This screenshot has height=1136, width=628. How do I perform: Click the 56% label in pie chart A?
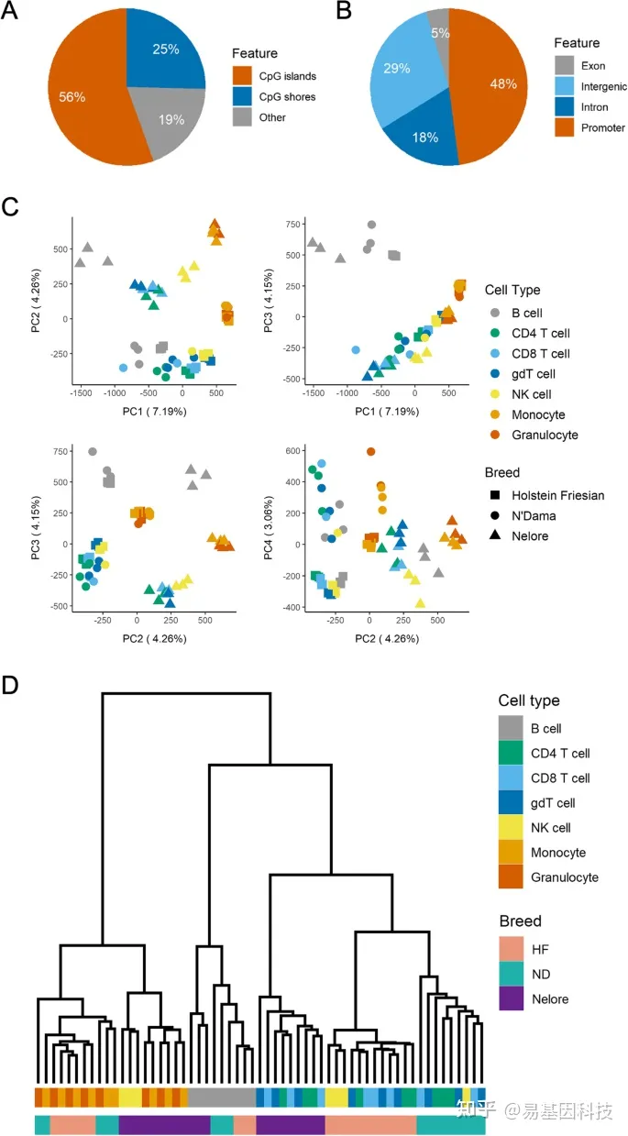tap(72, 96)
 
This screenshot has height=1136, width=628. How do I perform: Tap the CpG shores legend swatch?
tap(242, 96)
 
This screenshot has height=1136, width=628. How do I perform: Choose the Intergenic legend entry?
tap(606, 87)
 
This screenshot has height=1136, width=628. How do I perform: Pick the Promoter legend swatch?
tap(566, 127)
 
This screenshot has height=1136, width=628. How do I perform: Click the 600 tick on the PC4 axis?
tap(296, 450)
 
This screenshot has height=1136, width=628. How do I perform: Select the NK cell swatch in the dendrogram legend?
tap(516, 828)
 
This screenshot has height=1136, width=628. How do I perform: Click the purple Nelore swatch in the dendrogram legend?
tap(516, 998)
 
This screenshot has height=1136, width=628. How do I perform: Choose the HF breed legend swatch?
tap(516, 949)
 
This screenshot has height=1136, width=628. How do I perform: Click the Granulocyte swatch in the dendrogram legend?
tap(516, 877)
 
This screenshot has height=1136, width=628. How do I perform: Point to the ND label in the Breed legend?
tap(542, 974)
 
